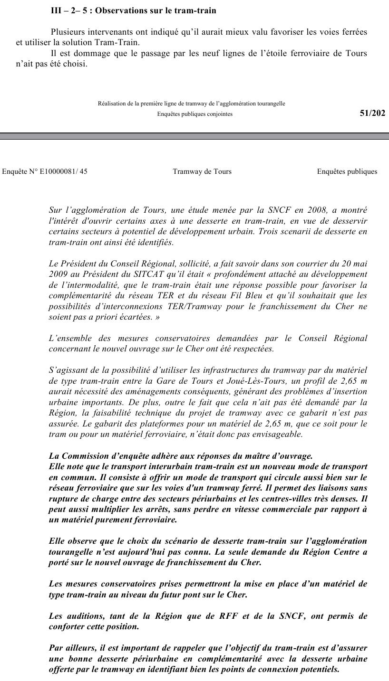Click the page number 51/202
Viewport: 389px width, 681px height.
tap(372, 113)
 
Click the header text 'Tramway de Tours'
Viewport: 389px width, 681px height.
tap(202, 171)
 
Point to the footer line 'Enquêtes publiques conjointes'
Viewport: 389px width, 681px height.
tap(195, 114)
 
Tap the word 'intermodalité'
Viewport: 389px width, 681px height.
tap(91, 285)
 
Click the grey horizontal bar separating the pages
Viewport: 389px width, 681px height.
tap(194, 136)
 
